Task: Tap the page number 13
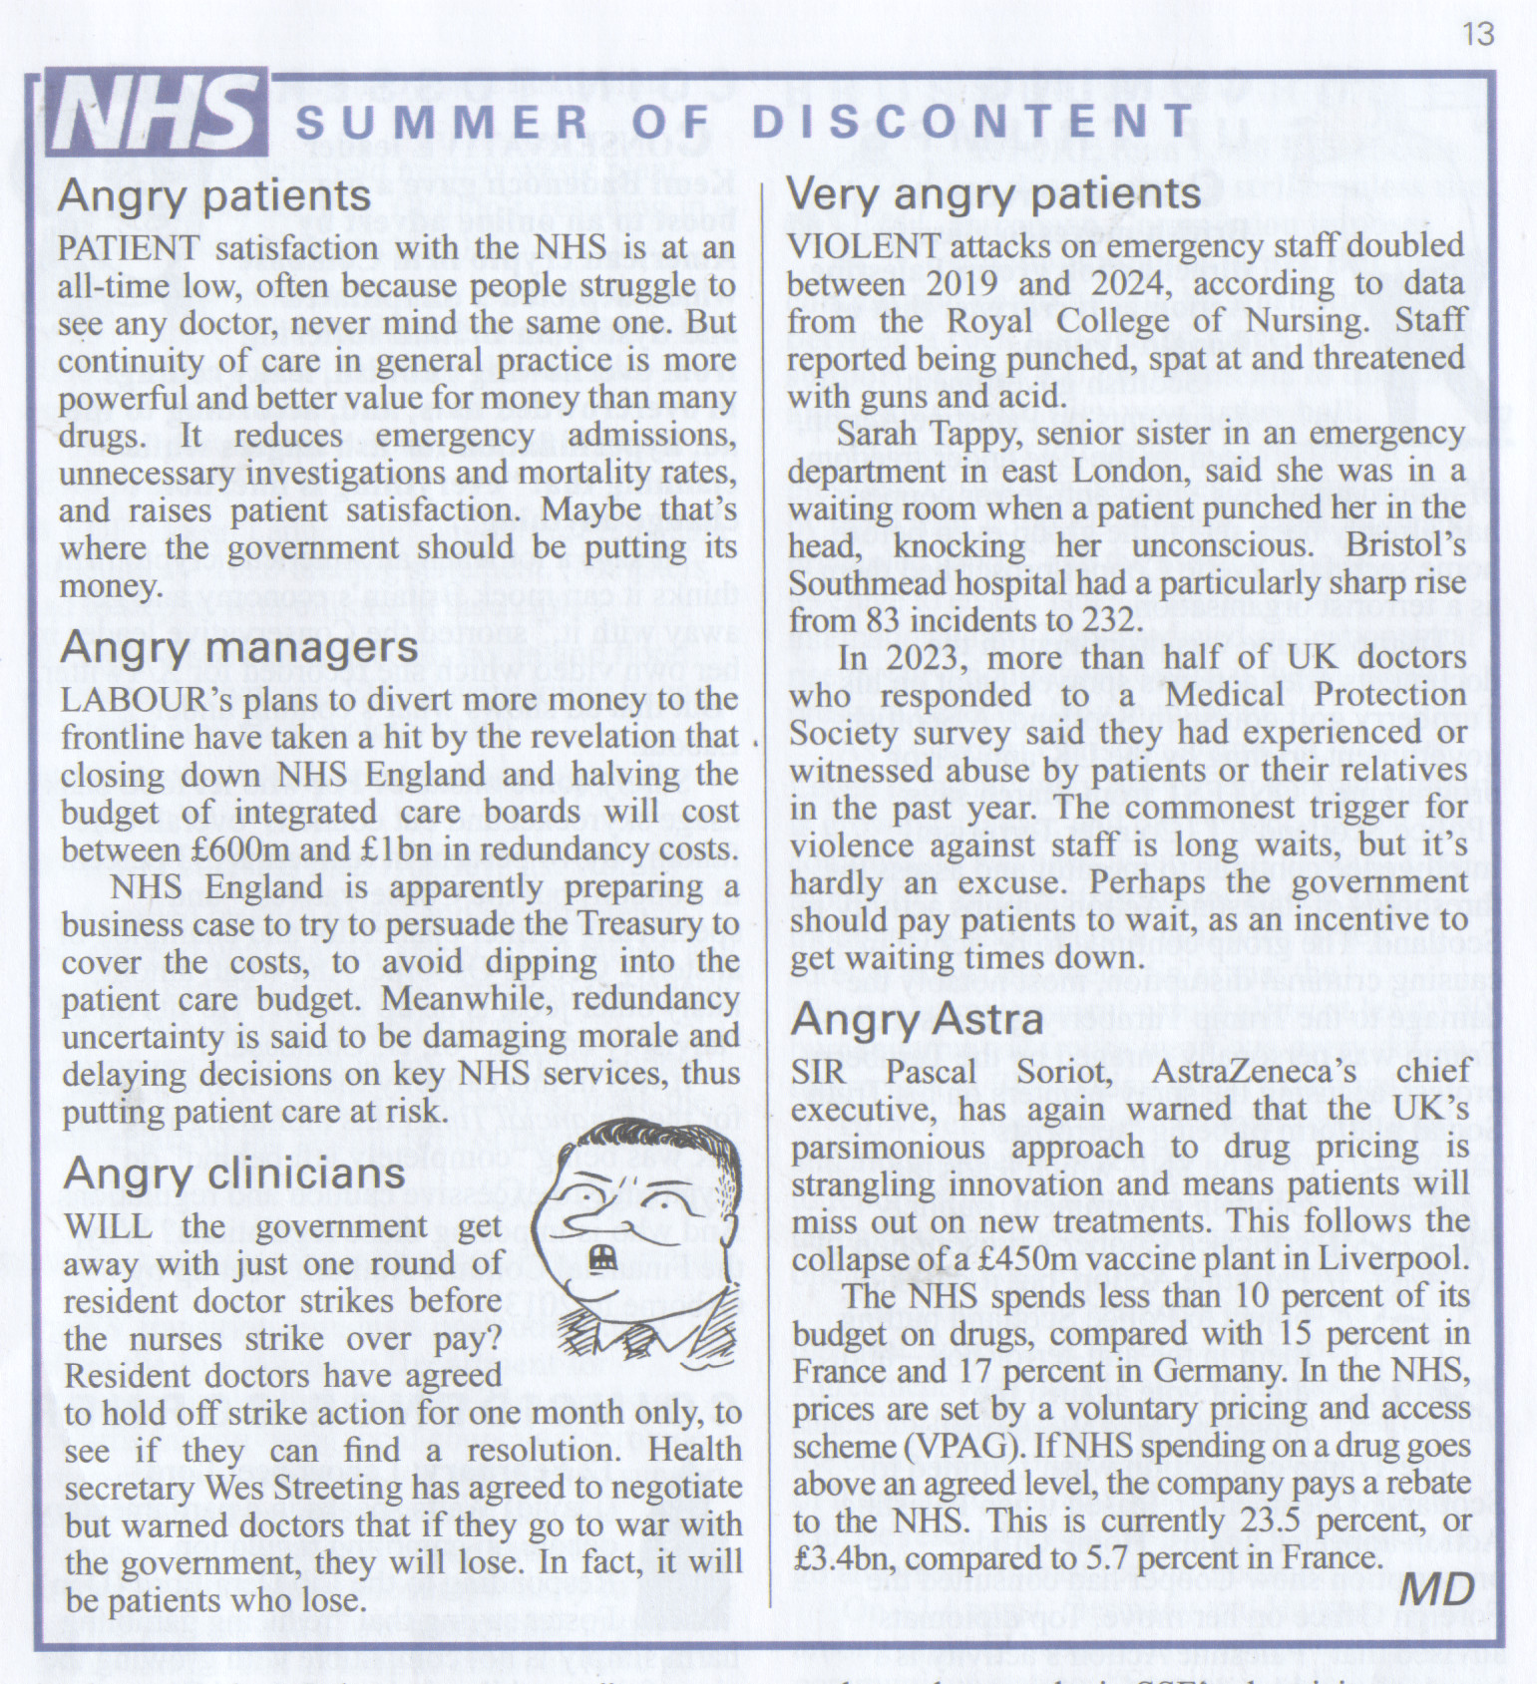[x=1478, y=34]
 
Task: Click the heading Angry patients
[x=214, y=196]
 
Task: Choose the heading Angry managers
[x=239, y=648]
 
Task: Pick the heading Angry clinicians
[x=234, y=1175]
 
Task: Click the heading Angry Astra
[x=918, y=1019]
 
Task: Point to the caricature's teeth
[x=599, y=1259]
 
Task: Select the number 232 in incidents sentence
[x=1105, y=620]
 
